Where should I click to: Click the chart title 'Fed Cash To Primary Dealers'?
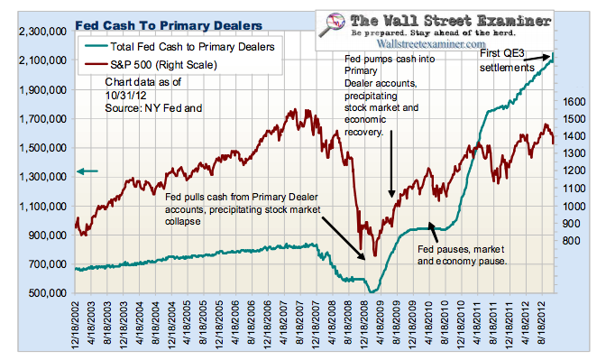[169, 25]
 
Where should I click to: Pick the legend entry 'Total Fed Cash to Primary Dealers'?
[179, 47]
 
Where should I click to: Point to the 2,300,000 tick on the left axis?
[42, 31]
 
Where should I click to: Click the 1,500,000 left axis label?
[42, 147]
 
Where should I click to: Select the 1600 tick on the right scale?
[574, 101]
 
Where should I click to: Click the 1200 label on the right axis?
[574, 171]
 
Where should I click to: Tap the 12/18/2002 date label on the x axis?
[75, 322]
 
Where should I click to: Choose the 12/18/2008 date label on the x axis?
[364, 322]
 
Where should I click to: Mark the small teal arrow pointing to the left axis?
[87, 171]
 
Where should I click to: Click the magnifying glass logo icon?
[333, 25]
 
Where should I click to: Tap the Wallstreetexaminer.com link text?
[431, 43]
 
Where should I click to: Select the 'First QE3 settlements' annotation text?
[507, 60]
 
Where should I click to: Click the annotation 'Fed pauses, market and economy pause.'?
[462, 254]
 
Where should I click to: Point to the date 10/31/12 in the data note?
[125, 95]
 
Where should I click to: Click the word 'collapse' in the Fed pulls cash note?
[183, 222]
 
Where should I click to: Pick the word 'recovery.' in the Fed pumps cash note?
[363, 132]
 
